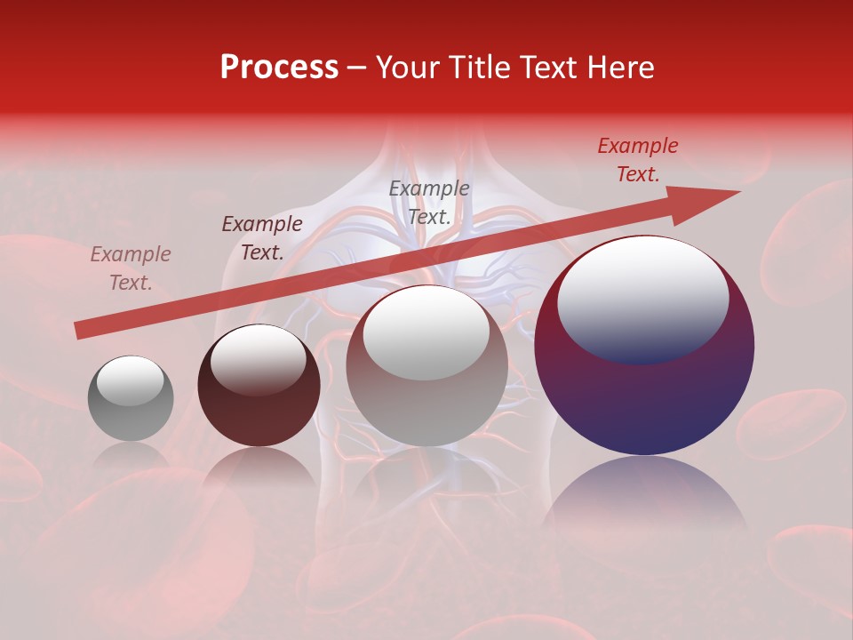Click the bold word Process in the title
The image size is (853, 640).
pos(279,68)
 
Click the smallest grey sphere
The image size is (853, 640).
pos(131,399)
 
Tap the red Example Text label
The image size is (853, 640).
pos(637,160)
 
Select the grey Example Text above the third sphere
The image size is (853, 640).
pos(429,202)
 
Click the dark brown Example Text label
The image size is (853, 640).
pos(262,238)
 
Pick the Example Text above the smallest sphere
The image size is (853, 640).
pos(131,268)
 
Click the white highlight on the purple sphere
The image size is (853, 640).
pos(642,299)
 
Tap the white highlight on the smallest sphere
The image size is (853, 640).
pos(130,381)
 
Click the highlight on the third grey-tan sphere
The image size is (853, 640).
pos(426,331)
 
